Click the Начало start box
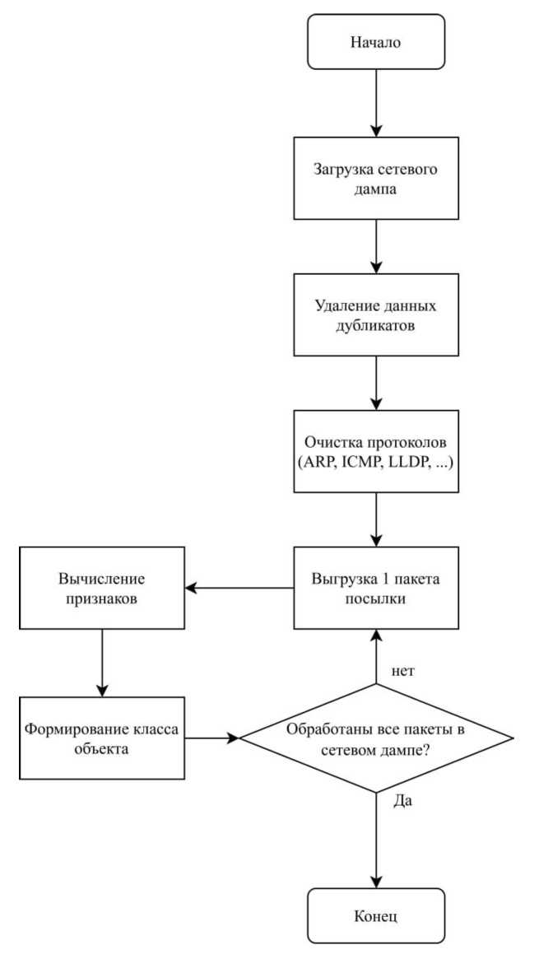(x=376, y=42)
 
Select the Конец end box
(x=376, y=915)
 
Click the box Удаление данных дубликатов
(x=376, y=316)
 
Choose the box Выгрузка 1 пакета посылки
(x=376, y=588)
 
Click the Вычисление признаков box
(x=101, y=588)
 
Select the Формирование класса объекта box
(x=101, y=738)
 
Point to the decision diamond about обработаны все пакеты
(x=376, y=738)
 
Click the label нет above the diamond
(x=402, y=671)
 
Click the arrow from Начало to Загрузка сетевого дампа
(x=376, y=103)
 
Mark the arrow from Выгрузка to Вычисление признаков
(x=239, y=588)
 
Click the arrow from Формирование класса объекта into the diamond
(x=210, y=738)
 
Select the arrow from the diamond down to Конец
(x=376, y=840)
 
